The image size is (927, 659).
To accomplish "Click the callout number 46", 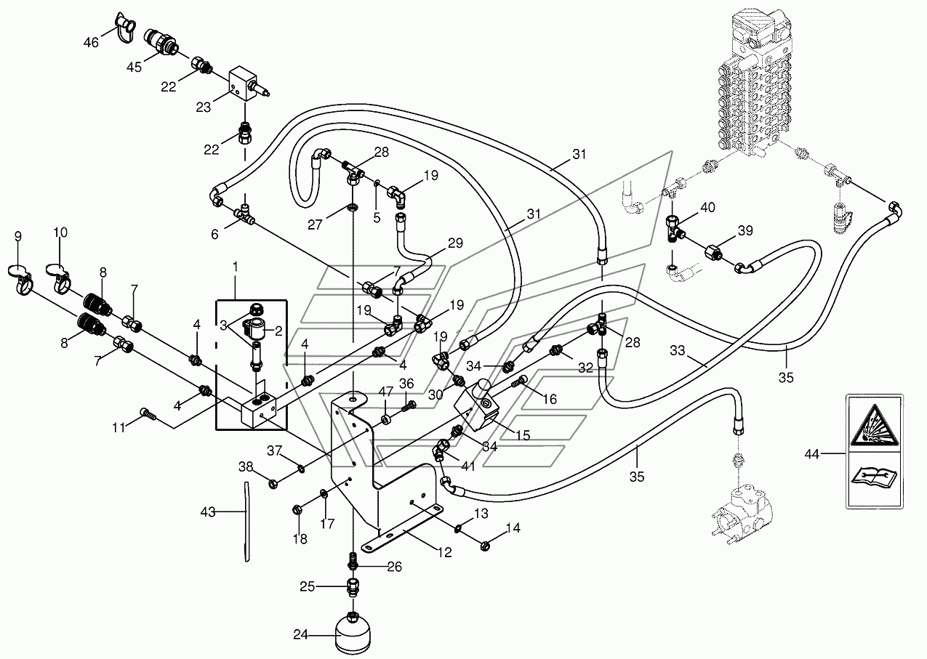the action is [91, 42].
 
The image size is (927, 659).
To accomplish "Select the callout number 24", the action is [301, 634].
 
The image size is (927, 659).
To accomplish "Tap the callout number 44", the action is [812, 454].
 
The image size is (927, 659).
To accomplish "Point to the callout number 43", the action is [208, 512].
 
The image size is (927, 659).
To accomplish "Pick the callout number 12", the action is [444, 552].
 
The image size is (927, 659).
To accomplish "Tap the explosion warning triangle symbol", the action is [874, 425].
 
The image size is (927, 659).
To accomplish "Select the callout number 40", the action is [707, 207].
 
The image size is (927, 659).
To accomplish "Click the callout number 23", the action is [203, 107].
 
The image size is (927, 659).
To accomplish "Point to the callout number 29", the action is [455, 243].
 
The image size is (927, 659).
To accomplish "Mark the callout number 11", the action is [119, 427].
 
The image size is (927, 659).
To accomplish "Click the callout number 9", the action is [17, 236].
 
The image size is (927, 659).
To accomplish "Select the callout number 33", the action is [678, 351].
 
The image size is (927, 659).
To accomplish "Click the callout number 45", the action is [134, 67].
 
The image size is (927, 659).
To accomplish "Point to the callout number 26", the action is [394, 567].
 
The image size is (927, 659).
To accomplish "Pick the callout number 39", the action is [745, 230].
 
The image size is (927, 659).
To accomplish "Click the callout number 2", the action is [278, 331].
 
